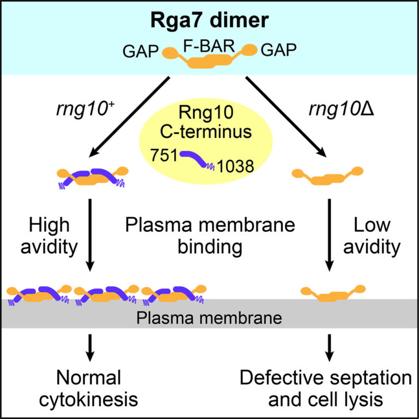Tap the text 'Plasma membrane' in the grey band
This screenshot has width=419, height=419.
209,316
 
